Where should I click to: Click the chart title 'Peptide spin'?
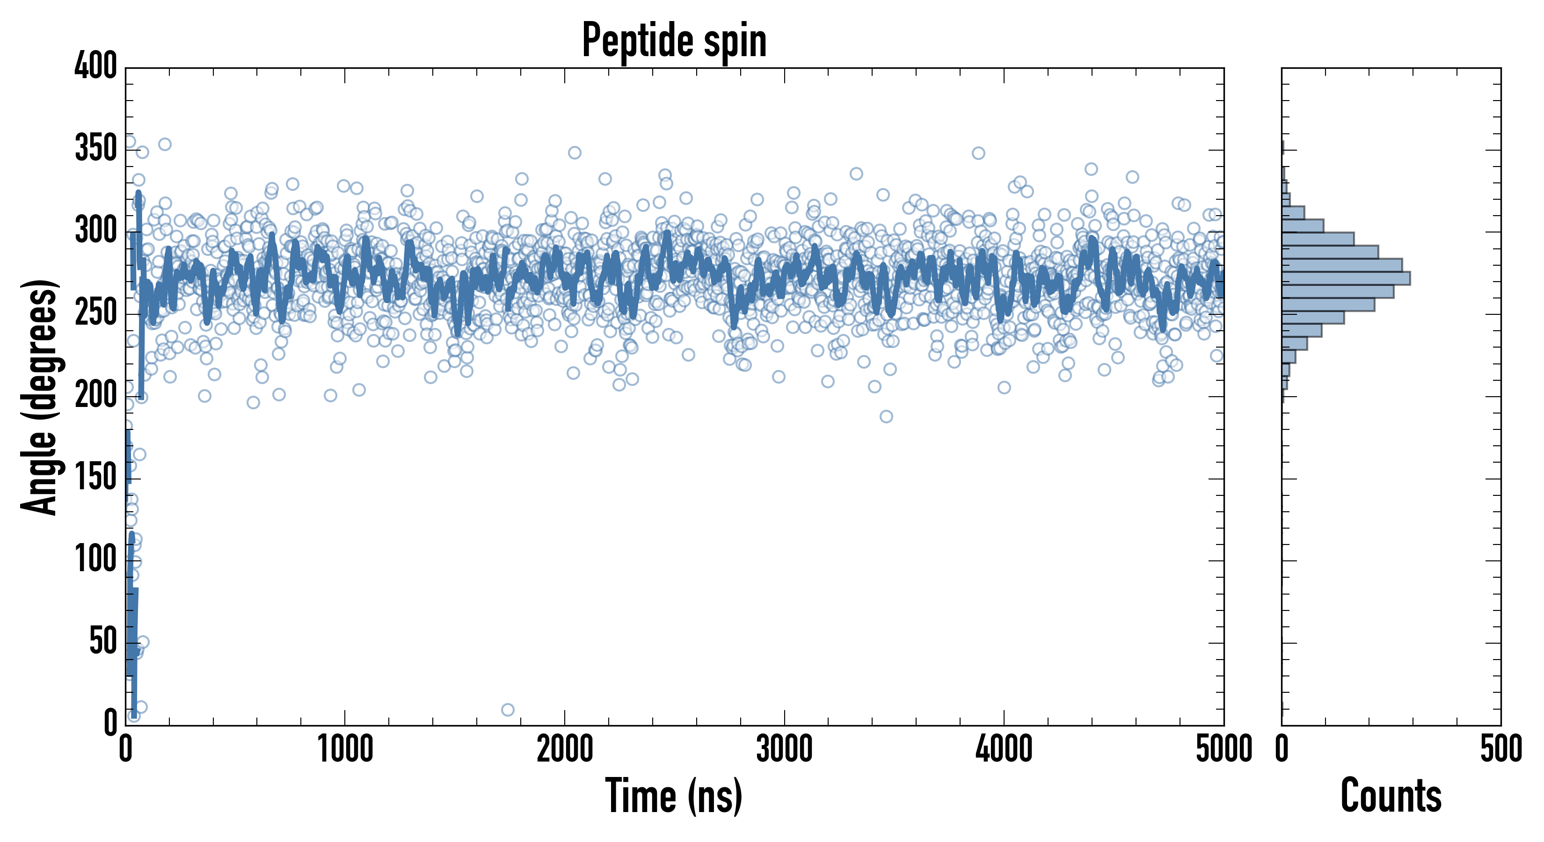click(674, 40)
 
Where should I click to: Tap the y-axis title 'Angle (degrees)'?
click(40, 397)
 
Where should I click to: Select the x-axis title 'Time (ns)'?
click(674, 796)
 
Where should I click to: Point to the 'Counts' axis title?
click(1391, 796)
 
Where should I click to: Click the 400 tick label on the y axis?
click(95, 65)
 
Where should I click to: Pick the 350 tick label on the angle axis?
click(95, 148)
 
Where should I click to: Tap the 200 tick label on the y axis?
click(95, 395)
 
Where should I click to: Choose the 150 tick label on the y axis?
click(95, 478)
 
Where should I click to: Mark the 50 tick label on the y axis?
click(102, 642)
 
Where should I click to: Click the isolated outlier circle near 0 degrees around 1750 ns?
click(508, 710)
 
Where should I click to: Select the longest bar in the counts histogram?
click(1346, 278)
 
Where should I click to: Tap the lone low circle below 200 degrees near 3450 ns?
click(886, 416)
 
